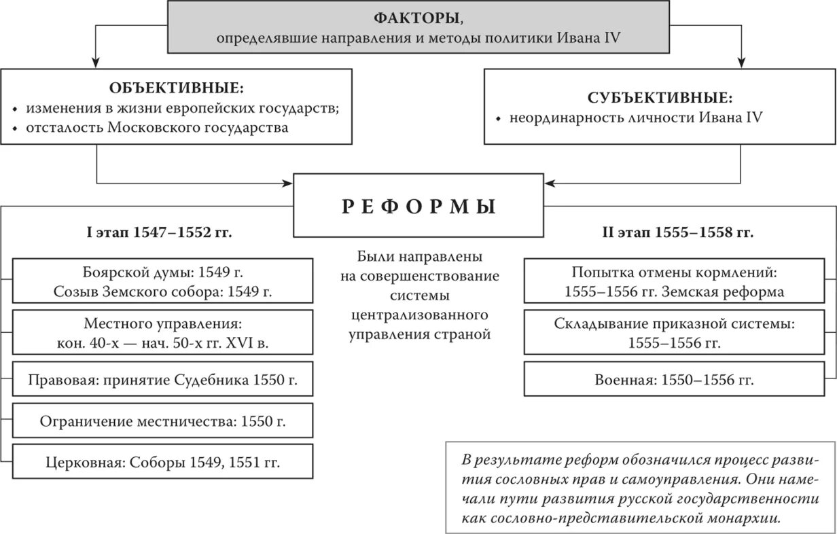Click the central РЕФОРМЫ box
pyautogui.click(x=418, y=206)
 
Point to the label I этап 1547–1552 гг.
pyautogui.click(x=159, y=233)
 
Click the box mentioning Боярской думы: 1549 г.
pyautogui.click(x=162, y=282)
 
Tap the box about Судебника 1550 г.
pyautogui.click(x=162, y=379)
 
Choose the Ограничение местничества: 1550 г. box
pyautogui.click(x=162, y=421)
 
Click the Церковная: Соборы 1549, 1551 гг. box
pyautogui.click(x=162, y=462)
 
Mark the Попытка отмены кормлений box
pyautogui.click(x=674, y=282)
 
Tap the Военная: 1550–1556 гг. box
pyautogui.click(x=674, y=379)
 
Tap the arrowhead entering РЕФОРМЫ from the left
pyautogui.click(x=288, y=183)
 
